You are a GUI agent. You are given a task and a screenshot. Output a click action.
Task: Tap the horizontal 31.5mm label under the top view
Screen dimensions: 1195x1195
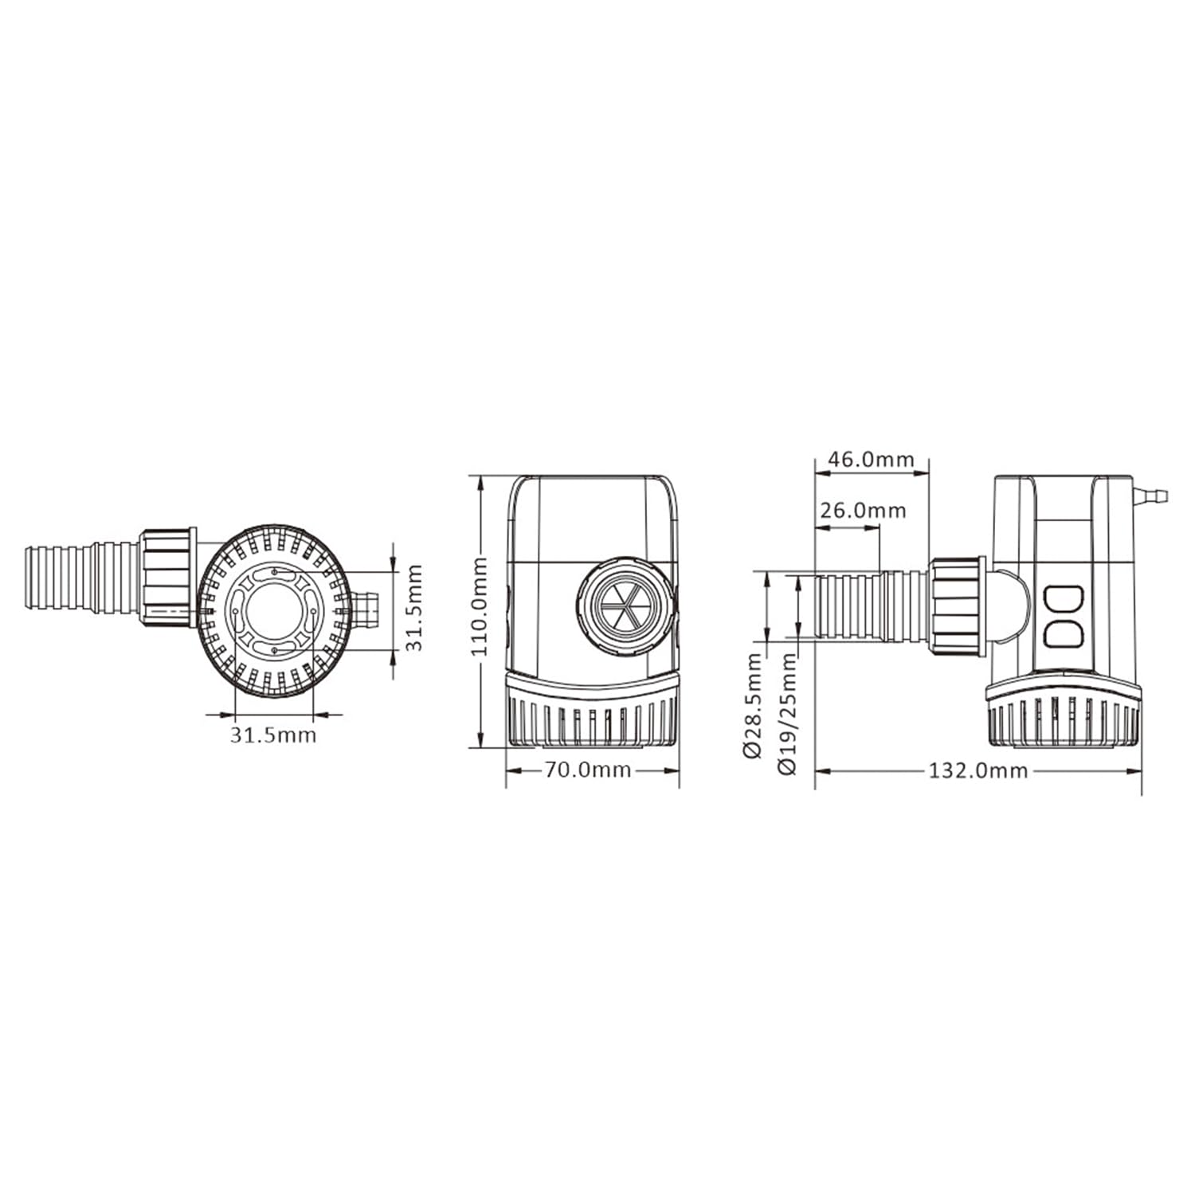click(x=273, y=735)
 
